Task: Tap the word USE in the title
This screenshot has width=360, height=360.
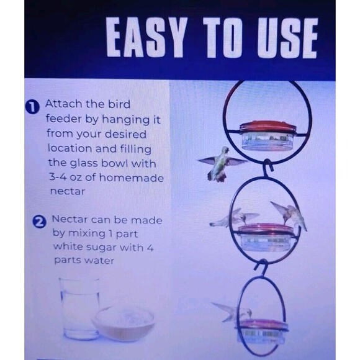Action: pyautogui.click(x=287, y=38)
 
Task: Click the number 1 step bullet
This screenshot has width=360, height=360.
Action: pyautogui.click(x=32, y=107)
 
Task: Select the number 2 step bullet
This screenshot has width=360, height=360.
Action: pyautogui.click(x=39, y=222)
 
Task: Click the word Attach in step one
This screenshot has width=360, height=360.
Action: pyautogui.click(x=63, y=104)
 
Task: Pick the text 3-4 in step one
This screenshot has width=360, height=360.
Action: pyautogui.click(x=57, y=177)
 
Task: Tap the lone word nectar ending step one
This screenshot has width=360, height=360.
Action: pyautogui.click(x=68, y=191)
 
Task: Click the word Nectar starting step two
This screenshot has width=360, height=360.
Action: pyautogui.click(x=70, y=219)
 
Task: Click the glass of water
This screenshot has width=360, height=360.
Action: pyautogui.click(x=79, y=309)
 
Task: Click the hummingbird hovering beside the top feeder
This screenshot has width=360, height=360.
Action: pyautogui.click(x=220, y=163)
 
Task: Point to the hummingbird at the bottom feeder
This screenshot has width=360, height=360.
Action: pyautogui.click(x=232, y=312)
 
